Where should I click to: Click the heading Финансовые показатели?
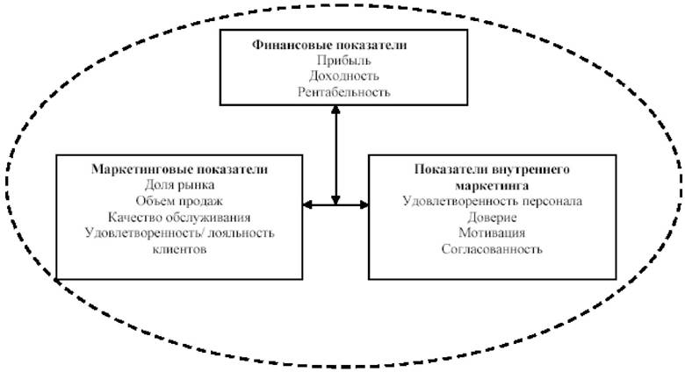[x=329, y=45]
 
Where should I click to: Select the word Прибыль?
[x=343, y=61]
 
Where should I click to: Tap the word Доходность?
[x=343, y=76]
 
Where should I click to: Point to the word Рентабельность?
[x=343, y=92]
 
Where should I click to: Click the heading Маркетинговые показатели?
[x=179, y=169]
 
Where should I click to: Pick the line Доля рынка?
[x=179, y=185]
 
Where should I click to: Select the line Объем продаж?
[x=179, y=201]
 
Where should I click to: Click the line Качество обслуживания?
[x=179, y=217]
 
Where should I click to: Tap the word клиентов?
[x=179, y=249]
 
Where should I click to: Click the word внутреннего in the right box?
[x=531, y=169]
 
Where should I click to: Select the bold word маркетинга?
[x=492, y=186]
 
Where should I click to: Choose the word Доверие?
[x=492, y=217]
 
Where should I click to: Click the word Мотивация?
[x=492, y=232]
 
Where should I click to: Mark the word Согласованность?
[x=492, y=249]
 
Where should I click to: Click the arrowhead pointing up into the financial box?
[x=335, y=109]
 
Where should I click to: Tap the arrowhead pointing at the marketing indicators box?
[x=307, y=204]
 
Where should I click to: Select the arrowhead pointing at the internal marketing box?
[x=364, y=204]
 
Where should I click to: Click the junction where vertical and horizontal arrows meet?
[x=335, y=204]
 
